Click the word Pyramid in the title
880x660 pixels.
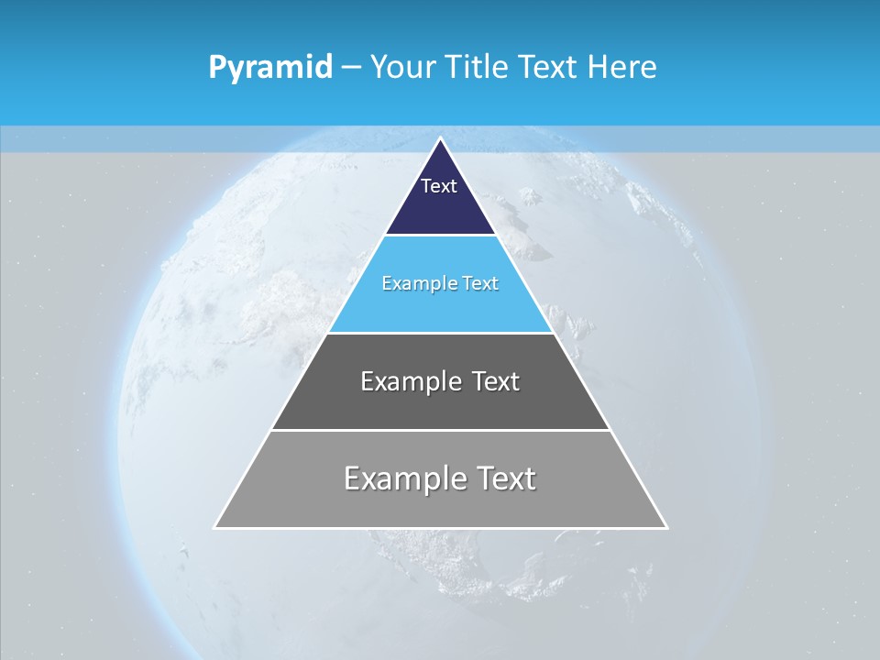click(269, 68)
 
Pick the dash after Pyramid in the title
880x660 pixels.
click(350, 68)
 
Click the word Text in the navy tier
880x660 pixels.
click(439, 186)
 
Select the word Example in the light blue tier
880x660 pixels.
click(421, 283)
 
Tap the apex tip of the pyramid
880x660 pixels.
click(440, 139)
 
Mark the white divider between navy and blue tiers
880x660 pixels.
click(440, 236)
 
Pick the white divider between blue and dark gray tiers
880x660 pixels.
click(440, 333)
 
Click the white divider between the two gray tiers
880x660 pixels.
click(440, 430)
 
